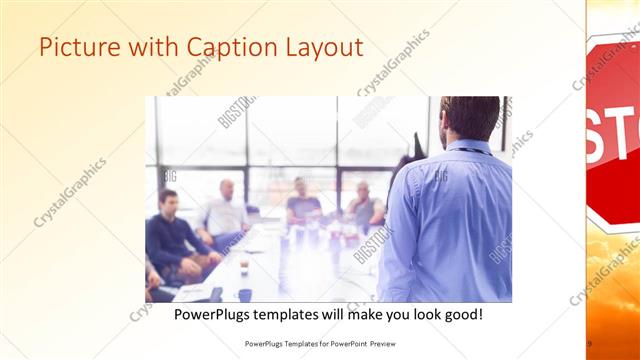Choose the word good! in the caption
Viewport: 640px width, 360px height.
click(462, 314)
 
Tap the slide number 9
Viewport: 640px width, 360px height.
click(589, 343)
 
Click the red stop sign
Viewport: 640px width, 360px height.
click(612, 130)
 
